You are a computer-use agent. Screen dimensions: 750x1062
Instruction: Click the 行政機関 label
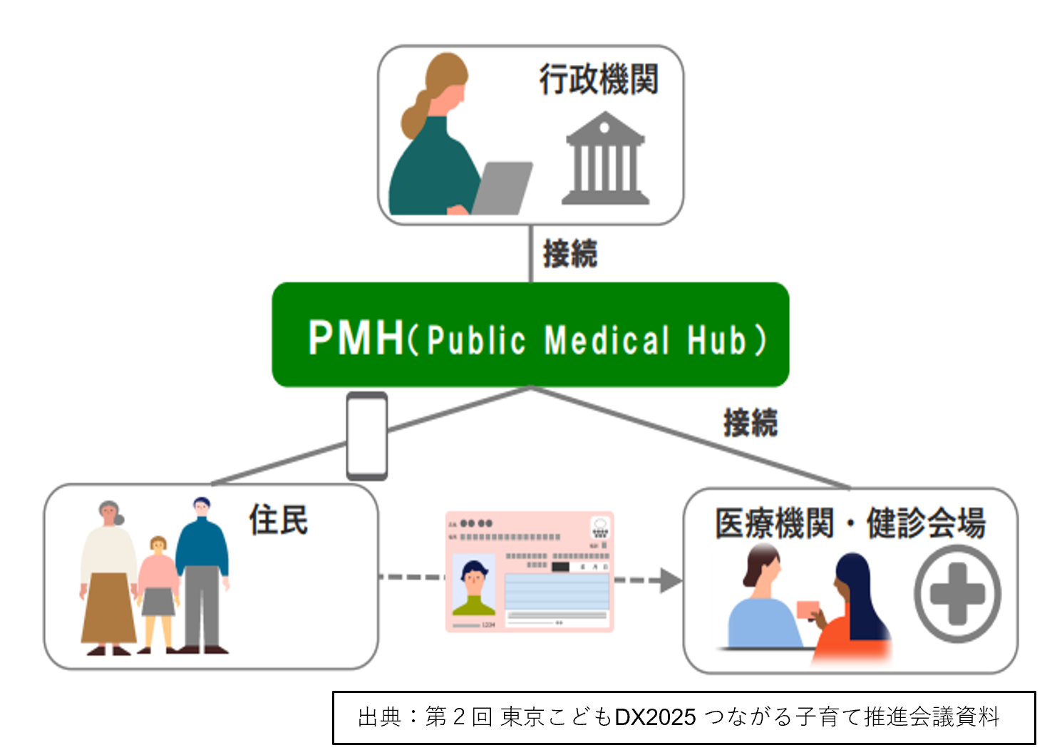coord(598,78)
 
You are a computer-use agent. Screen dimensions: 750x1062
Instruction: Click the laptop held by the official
coord(502,187)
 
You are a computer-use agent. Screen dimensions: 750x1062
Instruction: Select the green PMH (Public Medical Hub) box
coord(530,335)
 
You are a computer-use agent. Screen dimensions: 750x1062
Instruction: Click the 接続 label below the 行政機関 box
coord(569,254)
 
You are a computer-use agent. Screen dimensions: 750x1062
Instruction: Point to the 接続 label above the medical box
coord(750,422)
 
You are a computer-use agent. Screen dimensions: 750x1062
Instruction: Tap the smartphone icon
coord(367,436)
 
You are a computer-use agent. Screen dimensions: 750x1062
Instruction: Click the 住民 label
coord(278,520)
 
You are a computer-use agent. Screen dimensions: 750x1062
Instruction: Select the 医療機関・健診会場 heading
coord(850,523)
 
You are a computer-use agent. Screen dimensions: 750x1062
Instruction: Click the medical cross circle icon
coord(957,594)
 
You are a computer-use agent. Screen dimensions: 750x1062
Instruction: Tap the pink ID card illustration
coord(530,571)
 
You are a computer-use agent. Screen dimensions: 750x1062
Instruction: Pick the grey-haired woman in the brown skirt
coord(108,577)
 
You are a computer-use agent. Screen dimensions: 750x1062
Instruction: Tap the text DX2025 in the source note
coord(655,716)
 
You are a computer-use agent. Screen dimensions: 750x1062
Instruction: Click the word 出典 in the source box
coord(379,716)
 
